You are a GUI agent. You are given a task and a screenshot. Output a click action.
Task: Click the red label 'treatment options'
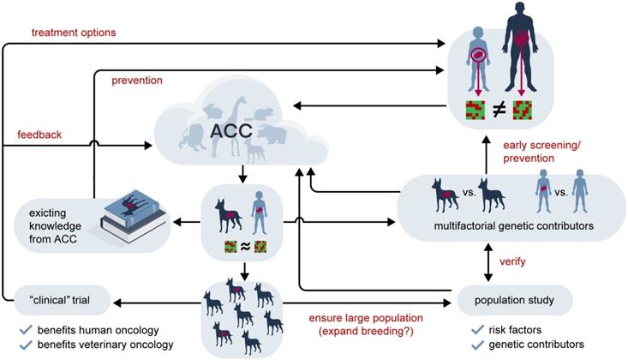click(x=74, y=33)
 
